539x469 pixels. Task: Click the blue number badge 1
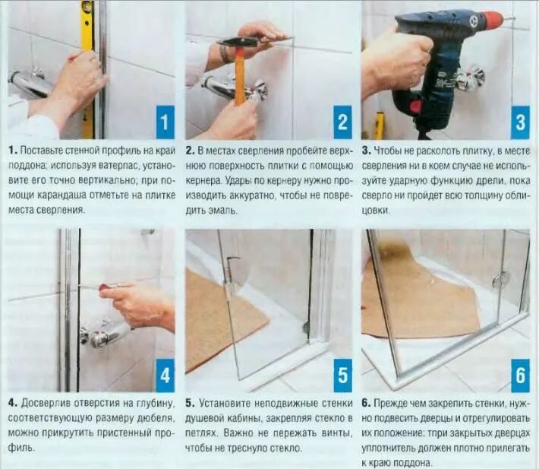point(165,122)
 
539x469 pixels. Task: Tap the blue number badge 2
point(342,122)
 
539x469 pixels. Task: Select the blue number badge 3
point(520,122)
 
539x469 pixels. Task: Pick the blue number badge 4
point(165,375)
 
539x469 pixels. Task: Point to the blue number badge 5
point(342,375)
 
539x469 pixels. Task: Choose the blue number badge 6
point(520,375)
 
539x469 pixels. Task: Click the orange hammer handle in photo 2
point(240,76)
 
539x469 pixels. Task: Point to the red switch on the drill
point(416,106)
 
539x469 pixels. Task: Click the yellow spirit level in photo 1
point(87,69)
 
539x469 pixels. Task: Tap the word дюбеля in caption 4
point(156,418)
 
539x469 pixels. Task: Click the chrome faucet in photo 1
point(29,83)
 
